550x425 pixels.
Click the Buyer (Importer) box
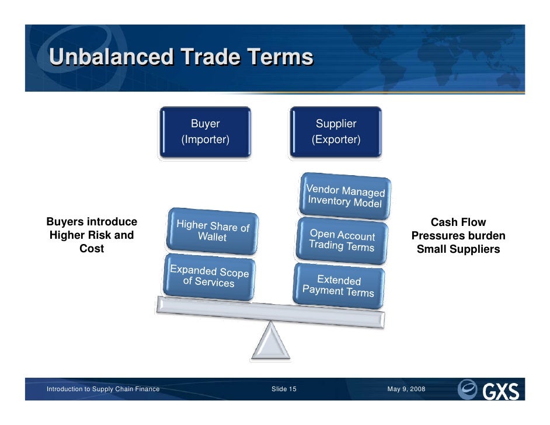pos(205,132)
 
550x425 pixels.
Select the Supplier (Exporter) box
pos(336,132)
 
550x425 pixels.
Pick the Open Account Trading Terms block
pos(342,239)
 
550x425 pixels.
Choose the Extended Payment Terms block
pos(339,285)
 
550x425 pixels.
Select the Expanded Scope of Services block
pos(209,277)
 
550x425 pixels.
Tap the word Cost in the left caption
pos(92,248)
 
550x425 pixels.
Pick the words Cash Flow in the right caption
pos(458,222)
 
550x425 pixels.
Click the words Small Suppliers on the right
pos(458,249)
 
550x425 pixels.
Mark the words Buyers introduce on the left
pos(92,222)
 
